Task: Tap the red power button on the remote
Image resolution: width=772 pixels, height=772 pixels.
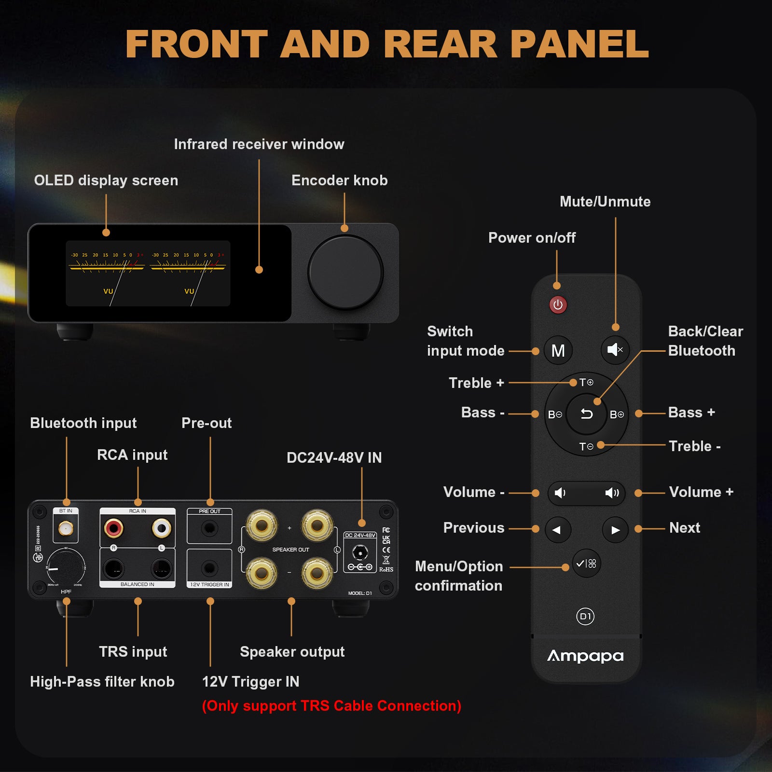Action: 558,305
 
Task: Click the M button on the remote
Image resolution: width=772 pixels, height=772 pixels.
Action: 558,350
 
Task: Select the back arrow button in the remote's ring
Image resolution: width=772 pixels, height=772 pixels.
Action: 587,414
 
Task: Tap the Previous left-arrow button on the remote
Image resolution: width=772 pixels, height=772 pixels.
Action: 557,530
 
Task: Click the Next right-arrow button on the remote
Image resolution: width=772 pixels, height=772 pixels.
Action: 615,530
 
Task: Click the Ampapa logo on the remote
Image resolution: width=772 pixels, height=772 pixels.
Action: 585,656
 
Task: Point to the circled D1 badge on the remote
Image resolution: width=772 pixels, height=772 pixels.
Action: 585,616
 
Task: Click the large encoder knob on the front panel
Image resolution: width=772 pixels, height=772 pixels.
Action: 345,272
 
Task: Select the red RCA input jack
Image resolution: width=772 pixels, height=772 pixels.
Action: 113,528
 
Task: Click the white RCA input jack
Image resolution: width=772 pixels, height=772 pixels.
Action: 161,528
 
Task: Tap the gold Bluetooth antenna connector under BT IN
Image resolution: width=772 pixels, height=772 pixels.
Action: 66,529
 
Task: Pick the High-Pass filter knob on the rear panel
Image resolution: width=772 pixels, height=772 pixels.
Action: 66,567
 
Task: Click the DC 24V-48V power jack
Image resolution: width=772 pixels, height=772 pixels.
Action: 360,552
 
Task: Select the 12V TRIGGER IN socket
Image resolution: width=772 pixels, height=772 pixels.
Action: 209,568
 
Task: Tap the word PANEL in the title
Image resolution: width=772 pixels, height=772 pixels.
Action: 579,44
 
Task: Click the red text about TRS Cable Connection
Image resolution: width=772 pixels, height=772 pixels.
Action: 331,706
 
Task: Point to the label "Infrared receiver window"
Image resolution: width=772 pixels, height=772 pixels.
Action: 259,144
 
